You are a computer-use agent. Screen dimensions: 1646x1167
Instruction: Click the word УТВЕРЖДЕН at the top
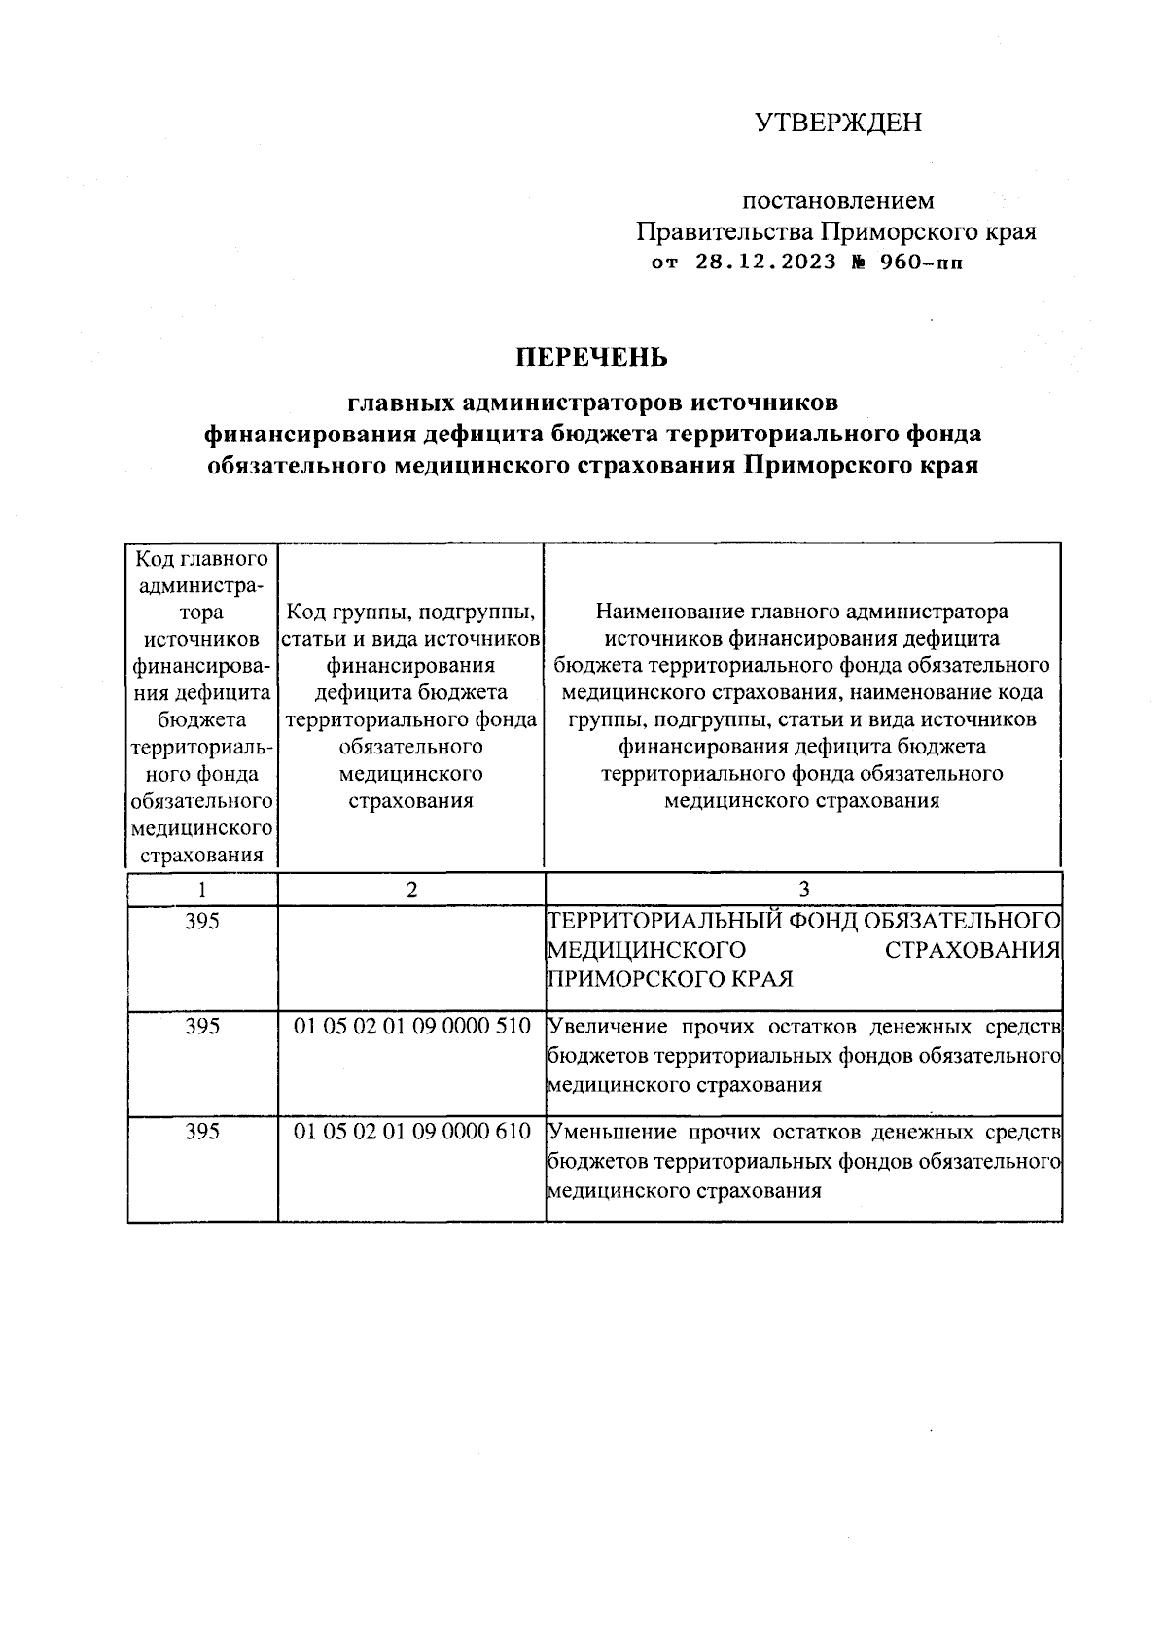(x=838, y=123)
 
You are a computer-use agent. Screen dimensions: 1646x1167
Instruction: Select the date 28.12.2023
(x=765, y=262)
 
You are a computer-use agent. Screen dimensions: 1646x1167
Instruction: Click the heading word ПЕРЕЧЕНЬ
(x=592, y=358)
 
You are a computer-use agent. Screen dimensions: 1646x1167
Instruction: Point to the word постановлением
(x=838, y=201)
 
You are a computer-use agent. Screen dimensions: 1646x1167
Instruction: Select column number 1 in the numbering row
(x=201, y=889)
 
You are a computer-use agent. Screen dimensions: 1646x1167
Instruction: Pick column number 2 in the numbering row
(x=411, y=889)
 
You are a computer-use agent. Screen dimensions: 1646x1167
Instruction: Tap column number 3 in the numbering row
(x=803, y=889)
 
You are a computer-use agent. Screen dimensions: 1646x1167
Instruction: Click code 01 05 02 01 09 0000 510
(x=411, y=1027)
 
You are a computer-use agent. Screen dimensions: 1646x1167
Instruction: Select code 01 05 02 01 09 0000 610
(x=411, y=1132)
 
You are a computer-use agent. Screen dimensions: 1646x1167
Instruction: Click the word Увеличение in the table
(x=609, y=1027)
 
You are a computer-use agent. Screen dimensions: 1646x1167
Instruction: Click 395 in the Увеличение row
(x=201, y=1027)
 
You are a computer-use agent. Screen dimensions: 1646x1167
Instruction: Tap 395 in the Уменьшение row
(x=201, y=1132)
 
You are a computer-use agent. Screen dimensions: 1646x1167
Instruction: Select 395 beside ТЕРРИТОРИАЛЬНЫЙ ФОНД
(x=201, y=921)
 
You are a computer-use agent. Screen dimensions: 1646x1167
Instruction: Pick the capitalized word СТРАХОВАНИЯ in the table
(x=972, y=949)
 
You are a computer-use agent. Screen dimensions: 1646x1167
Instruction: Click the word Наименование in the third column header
(x=670, y=612)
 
